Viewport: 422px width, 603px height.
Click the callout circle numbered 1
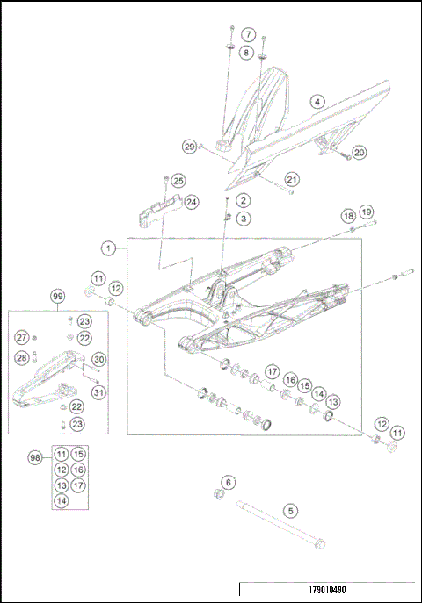(107, 249)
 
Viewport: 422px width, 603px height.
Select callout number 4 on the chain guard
(316, 102)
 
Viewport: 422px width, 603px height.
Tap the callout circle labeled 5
(289, 509)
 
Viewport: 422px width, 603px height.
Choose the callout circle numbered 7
(249, 35)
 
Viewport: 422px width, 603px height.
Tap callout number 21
(292, 180)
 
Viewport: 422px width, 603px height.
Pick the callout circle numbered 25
(178, 181)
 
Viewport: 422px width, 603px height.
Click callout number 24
(191, 202)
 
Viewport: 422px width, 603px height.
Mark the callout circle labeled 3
(244, 218)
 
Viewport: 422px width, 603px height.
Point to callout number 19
(367, 212)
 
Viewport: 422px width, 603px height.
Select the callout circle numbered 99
(58, 298)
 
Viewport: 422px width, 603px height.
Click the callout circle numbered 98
(35, 459)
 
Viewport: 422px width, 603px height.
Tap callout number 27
(21, 338)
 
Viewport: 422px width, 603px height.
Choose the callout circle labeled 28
(21, 358)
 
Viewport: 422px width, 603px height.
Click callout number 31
(98, 392)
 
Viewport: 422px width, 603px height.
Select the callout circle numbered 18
(348, 215)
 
